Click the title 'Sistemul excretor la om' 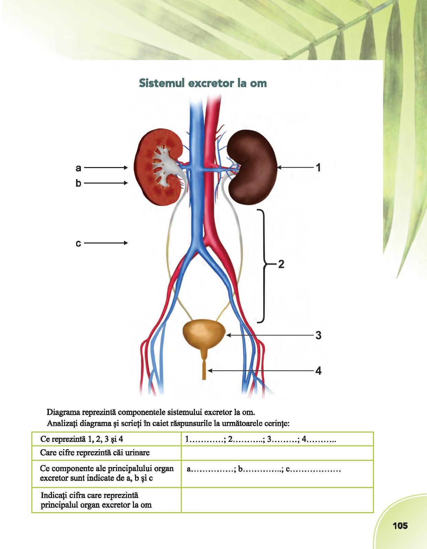click(203, 83)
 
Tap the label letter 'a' click(79, 168)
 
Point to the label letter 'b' click(79, 183)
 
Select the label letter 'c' click(79, 243)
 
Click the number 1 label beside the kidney click(318, 168)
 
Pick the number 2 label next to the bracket click(281, 265)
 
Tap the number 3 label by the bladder click(318, 335)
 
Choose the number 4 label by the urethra click(318, 371)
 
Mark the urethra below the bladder click(204, 370)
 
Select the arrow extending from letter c click(106, 243)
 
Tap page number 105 click(400, 526)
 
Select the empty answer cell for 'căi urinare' click(277, 453)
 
